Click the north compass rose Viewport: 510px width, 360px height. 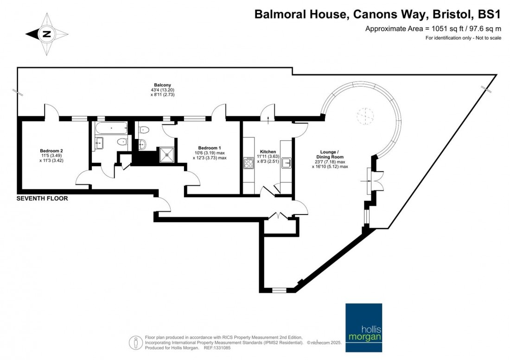point(46,34)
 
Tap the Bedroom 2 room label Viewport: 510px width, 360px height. point(51,151)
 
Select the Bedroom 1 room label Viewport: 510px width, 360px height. point(210,147)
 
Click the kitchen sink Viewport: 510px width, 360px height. point(287,163)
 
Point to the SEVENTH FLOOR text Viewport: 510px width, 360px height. point(42,199)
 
